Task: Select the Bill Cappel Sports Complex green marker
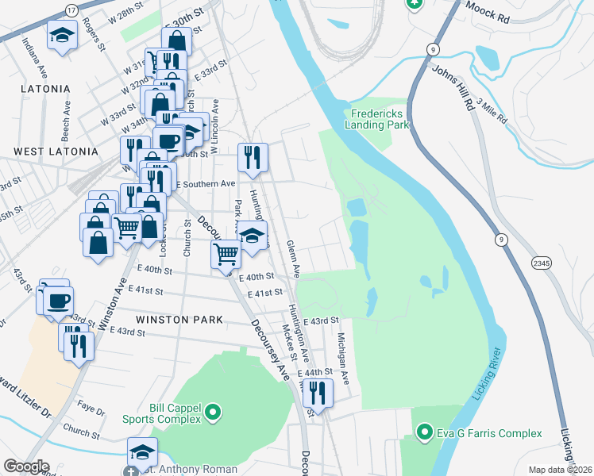213,412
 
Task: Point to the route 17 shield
71,10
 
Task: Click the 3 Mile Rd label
492,110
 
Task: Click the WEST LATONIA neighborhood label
56,151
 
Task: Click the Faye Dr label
92,412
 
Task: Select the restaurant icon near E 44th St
318,392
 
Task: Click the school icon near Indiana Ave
61,35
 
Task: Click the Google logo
26,466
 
